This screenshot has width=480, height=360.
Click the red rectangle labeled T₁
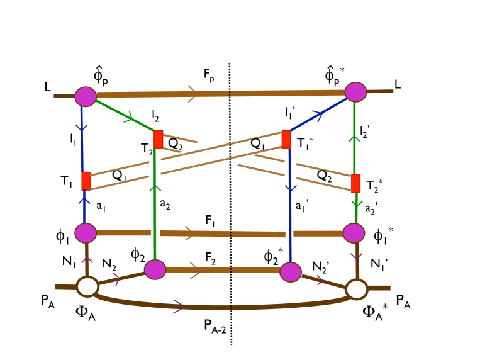86,181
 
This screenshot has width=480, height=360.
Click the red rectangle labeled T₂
159,139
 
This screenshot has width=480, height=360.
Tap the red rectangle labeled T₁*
286,139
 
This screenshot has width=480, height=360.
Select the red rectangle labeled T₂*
355,183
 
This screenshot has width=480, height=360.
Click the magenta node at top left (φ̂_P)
85,96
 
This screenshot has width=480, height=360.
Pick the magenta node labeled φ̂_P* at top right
355,92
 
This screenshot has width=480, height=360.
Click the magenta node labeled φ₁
85,232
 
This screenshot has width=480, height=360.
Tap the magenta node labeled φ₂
155,269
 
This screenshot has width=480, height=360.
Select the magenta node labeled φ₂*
290,272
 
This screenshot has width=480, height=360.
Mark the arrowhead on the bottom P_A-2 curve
179,308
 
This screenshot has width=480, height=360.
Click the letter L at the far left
48,88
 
